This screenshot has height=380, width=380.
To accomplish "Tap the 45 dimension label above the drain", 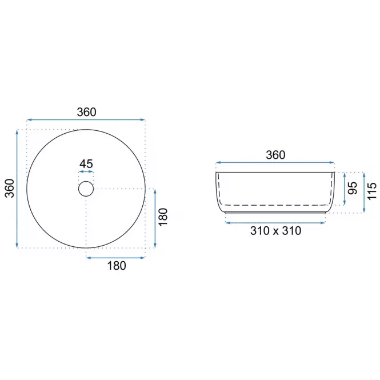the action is [x=86, y=164].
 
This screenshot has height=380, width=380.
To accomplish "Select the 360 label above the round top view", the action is [x=86, y=112].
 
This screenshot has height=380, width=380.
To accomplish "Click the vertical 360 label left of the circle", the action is [x=10, y=189].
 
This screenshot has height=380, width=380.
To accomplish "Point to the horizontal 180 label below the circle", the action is [x=117, y=266].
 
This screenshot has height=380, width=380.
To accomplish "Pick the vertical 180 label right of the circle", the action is [x=163, y=217].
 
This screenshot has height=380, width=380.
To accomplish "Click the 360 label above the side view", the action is [x=275, y=155].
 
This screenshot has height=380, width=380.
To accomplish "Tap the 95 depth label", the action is [x=353, y=188].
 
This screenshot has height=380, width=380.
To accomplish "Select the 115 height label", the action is [x=372, y=191].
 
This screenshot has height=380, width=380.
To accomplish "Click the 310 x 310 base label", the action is [x=276, y=231].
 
